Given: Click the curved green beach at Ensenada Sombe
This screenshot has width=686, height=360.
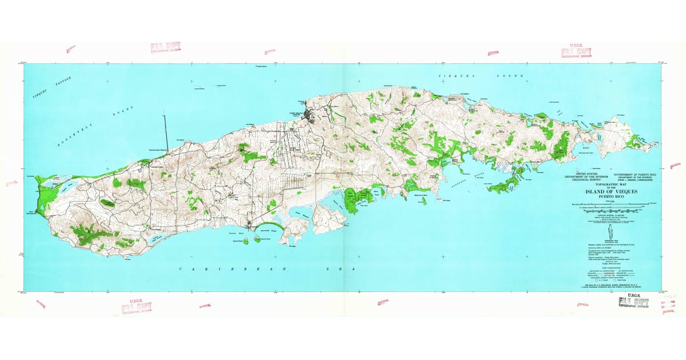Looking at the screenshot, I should click(268, 230).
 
